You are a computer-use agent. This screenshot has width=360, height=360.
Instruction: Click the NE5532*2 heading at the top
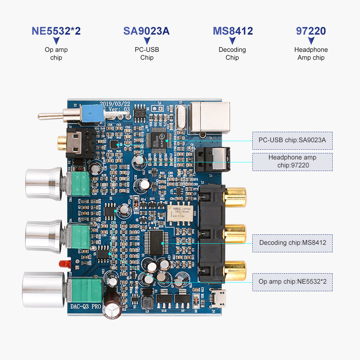(56, 31)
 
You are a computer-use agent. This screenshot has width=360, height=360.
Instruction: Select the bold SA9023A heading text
(146, 31)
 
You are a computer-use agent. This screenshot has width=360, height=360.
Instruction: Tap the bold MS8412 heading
(233, 31)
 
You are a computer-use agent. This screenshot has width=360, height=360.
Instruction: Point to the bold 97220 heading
(311, 31)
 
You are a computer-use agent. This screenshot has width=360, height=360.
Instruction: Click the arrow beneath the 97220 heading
(311, 41)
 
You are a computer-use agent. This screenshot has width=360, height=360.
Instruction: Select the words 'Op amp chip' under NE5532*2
(56, 54)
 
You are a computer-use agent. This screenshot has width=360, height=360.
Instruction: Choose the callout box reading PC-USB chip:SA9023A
(292, 140)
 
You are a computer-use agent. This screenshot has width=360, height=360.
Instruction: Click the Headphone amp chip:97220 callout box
(292, 162)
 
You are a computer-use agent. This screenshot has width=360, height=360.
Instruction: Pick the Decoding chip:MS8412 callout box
(292, 243)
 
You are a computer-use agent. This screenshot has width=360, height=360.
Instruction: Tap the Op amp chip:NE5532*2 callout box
(292, 282)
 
